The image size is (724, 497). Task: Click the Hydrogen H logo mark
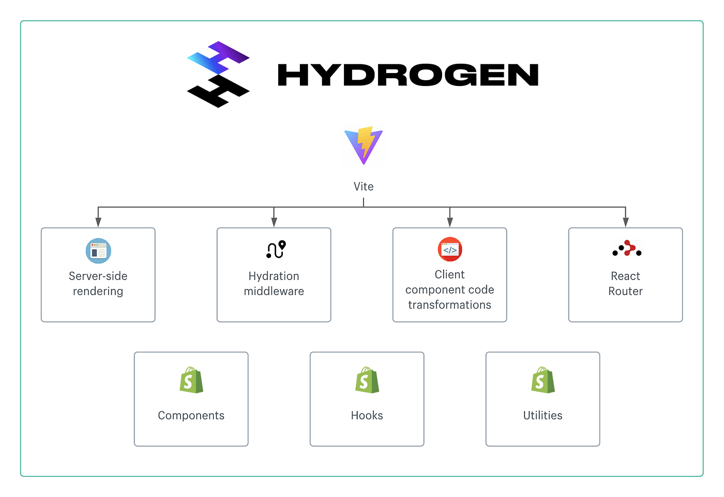click(x=218, y=75)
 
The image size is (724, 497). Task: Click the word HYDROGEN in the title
click(x=408, y=75)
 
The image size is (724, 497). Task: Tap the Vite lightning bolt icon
click(x=364, y=145)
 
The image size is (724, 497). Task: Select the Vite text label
click(x=364, y=186)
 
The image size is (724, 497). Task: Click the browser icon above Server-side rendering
click(x=98, y=251)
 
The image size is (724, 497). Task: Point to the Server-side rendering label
click(x=98, y=284)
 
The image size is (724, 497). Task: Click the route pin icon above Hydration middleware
click(x=276, y=250)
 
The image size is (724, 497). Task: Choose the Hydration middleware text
click(x=274, y=284)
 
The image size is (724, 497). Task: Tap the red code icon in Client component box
click(x=450, y=250)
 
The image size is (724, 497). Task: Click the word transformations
click(x=450, y=305)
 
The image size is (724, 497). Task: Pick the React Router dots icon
click(x=627, y=249)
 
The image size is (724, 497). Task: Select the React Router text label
click(x=626, y=284)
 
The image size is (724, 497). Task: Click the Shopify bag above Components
click(x=191, y=381)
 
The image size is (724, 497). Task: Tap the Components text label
click(x=191, y=416)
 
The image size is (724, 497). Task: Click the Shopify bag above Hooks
click(x=367, y=381)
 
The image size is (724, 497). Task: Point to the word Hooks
click(x=367, y=416)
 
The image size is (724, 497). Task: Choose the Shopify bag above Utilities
click(x=543, y=381)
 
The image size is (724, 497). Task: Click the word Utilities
click(x=543, y=416)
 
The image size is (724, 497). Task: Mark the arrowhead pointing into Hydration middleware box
click(x=274, y=222)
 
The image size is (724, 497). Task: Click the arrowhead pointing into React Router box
click(x=626, y=222)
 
